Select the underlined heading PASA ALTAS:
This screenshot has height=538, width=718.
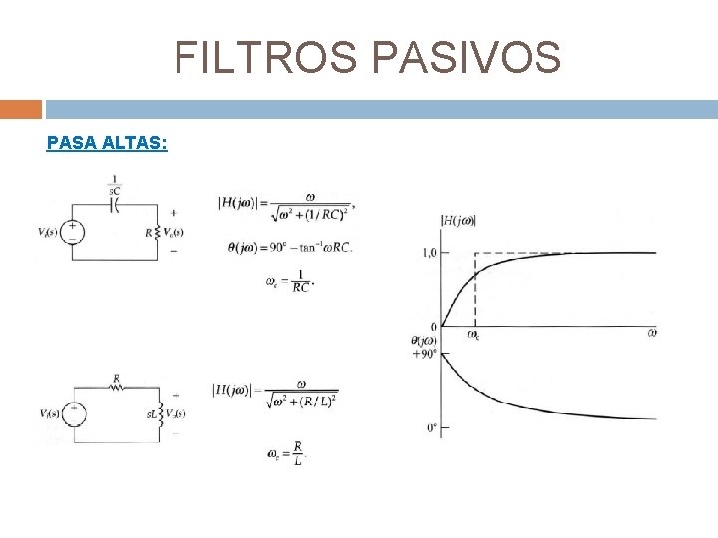point(107,143)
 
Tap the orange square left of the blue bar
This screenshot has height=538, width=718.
point(21,108)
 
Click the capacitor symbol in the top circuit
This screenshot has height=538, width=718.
point(115,205)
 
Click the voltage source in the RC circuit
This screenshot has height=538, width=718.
point(73,232)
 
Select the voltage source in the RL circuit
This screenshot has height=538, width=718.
point(73,412)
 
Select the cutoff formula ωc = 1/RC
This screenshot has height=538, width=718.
point(288,282)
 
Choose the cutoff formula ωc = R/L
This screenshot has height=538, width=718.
point(286,453)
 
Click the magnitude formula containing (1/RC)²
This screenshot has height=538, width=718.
point(285,206)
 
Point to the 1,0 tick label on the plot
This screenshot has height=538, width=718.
point(427,253)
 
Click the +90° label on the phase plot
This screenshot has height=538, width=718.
point(424,354)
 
